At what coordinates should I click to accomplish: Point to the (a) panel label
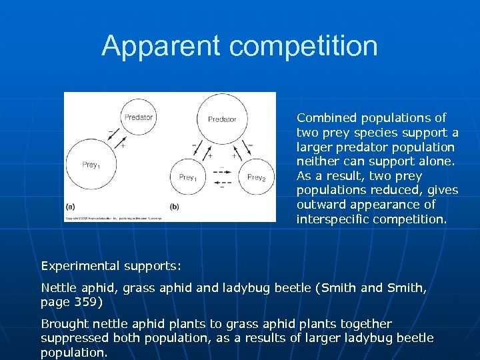tap(70, 207)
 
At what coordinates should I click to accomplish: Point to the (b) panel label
tap(175, 207)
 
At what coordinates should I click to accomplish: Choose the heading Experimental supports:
tap(111, 266)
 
